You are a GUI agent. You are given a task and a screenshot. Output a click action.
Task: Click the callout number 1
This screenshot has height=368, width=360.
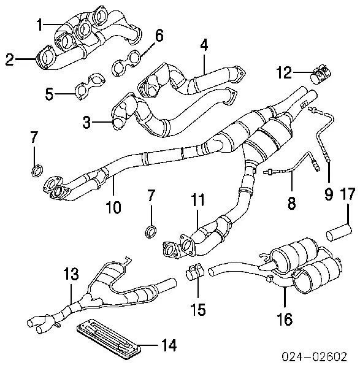pos(40,25)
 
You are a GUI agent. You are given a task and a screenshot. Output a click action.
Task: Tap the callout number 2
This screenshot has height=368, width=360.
pos(10,59)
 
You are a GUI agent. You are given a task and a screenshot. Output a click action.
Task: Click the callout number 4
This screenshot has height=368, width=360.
pos(204,45)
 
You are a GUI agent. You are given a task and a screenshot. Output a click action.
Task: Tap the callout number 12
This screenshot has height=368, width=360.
pos(284,72)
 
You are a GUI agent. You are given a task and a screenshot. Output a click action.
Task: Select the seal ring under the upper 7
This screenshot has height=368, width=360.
pos(37,171)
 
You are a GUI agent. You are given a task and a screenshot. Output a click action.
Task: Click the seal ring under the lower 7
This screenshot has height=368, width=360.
pos(151,231)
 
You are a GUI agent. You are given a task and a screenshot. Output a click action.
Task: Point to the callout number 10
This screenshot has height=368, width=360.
pos(113,207)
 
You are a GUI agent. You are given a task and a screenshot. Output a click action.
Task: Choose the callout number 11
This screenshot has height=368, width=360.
pos(197,200)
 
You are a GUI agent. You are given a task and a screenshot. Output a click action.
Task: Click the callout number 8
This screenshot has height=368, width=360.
pos(291,203)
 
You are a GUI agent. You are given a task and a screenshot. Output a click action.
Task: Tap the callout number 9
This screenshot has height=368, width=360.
pos(329,195)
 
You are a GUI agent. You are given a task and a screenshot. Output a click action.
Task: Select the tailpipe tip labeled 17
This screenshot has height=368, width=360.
pos(339,232)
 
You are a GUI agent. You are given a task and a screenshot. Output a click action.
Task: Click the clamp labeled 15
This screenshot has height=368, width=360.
pos(195,272)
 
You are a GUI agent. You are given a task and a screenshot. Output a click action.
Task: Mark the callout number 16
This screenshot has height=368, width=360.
pos(285,319)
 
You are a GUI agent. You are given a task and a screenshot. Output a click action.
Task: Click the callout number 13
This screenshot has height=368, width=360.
pos(71,274)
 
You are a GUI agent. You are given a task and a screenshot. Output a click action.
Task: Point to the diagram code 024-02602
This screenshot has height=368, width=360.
pos(314,357)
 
